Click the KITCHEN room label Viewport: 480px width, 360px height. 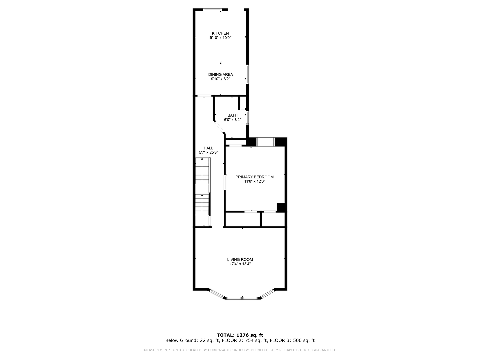point(220,33)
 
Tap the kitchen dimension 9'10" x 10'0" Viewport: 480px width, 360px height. point(220,38)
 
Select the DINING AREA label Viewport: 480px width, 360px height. point(220,75)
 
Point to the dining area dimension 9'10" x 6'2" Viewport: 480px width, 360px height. point(220,79)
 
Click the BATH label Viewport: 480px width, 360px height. point(232,115)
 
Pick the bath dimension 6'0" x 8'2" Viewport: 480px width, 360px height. point(232,120)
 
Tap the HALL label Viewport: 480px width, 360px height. point(208,148)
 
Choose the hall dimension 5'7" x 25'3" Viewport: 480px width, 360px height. point(208,152)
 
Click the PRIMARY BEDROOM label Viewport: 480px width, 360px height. point(255,177)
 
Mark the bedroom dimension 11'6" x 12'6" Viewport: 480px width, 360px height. point(255,181)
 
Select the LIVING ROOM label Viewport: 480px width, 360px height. point(240,259)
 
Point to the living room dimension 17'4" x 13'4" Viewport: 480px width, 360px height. point(240,264)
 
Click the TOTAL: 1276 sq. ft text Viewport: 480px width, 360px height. point(240,335)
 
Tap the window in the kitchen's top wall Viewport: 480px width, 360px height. point(212,10)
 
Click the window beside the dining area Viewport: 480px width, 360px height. point(247,74)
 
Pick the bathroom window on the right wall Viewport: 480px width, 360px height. point(247,118)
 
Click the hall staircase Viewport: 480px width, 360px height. point(203,192)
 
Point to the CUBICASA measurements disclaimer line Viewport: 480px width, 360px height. point(240,350)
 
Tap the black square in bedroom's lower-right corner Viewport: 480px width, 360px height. point(281,207)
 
